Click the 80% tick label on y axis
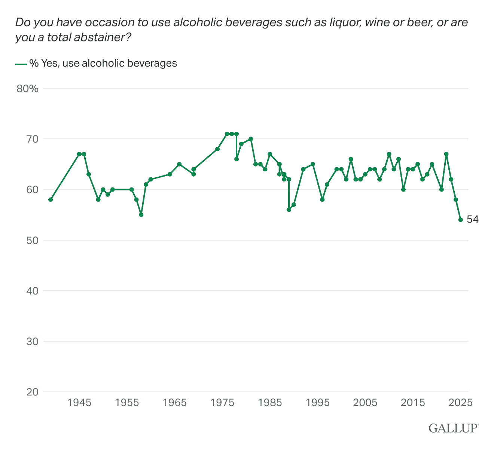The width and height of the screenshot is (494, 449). tap(27, 89)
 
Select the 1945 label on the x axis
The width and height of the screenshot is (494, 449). tap(79, 403)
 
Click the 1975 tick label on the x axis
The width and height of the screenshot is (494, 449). tap(222, 403)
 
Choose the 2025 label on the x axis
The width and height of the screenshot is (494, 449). tap(461, 403)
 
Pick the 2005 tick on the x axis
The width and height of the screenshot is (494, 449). tap(365, 403)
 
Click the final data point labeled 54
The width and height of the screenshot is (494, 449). tap(461, 220)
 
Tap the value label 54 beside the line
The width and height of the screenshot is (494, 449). tap(472, 220)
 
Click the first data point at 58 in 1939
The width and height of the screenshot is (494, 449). tap(51, 199)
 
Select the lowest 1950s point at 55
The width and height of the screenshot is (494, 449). tap(141, 215)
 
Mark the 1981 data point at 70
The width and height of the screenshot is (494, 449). tap(251, 139)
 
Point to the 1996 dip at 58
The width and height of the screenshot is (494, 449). tap(322, 199)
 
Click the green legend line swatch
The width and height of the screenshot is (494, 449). tap(21, 64)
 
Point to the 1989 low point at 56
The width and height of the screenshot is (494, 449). tap(289, 210)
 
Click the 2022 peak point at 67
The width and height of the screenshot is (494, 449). tap(446, 154)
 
